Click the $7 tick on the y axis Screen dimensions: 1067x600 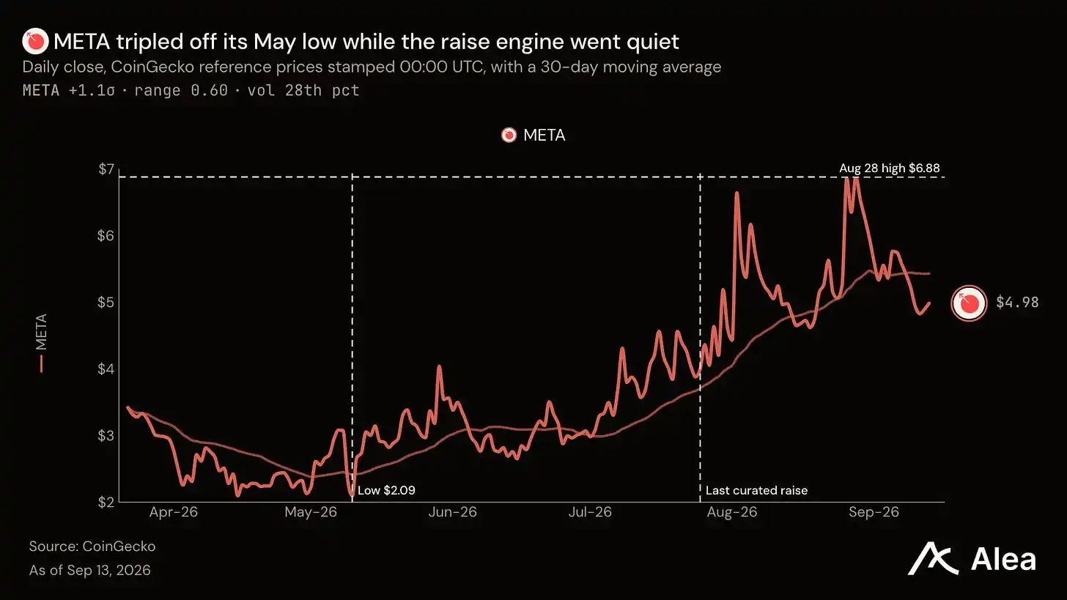point(106,169)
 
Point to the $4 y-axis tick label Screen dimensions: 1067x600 point(106,368)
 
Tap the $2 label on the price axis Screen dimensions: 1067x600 point(106,502)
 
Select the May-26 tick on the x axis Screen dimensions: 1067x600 point(311,512)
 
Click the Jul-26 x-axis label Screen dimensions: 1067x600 point(590,512)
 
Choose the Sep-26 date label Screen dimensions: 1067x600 point(874,512)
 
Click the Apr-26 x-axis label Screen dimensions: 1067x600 point(174,512)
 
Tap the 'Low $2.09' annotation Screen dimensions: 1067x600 point(386,490)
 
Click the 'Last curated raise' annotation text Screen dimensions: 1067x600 point(756,490)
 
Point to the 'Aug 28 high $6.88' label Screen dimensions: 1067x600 point(890,168)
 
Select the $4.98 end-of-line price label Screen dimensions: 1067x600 point(1017,302)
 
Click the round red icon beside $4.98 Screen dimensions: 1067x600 point(969,303)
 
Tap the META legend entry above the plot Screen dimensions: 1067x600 point(533,136)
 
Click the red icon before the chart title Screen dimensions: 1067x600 point(35,42)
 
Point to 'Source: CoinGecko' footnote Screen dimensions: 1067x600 point(92,547)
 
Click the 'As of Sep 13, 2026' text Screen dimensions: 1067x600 point(89,570)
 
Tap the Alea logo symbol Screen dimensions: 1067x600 point(933,558)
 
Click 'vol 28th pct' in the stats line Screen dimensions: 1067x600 point(303,90)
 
